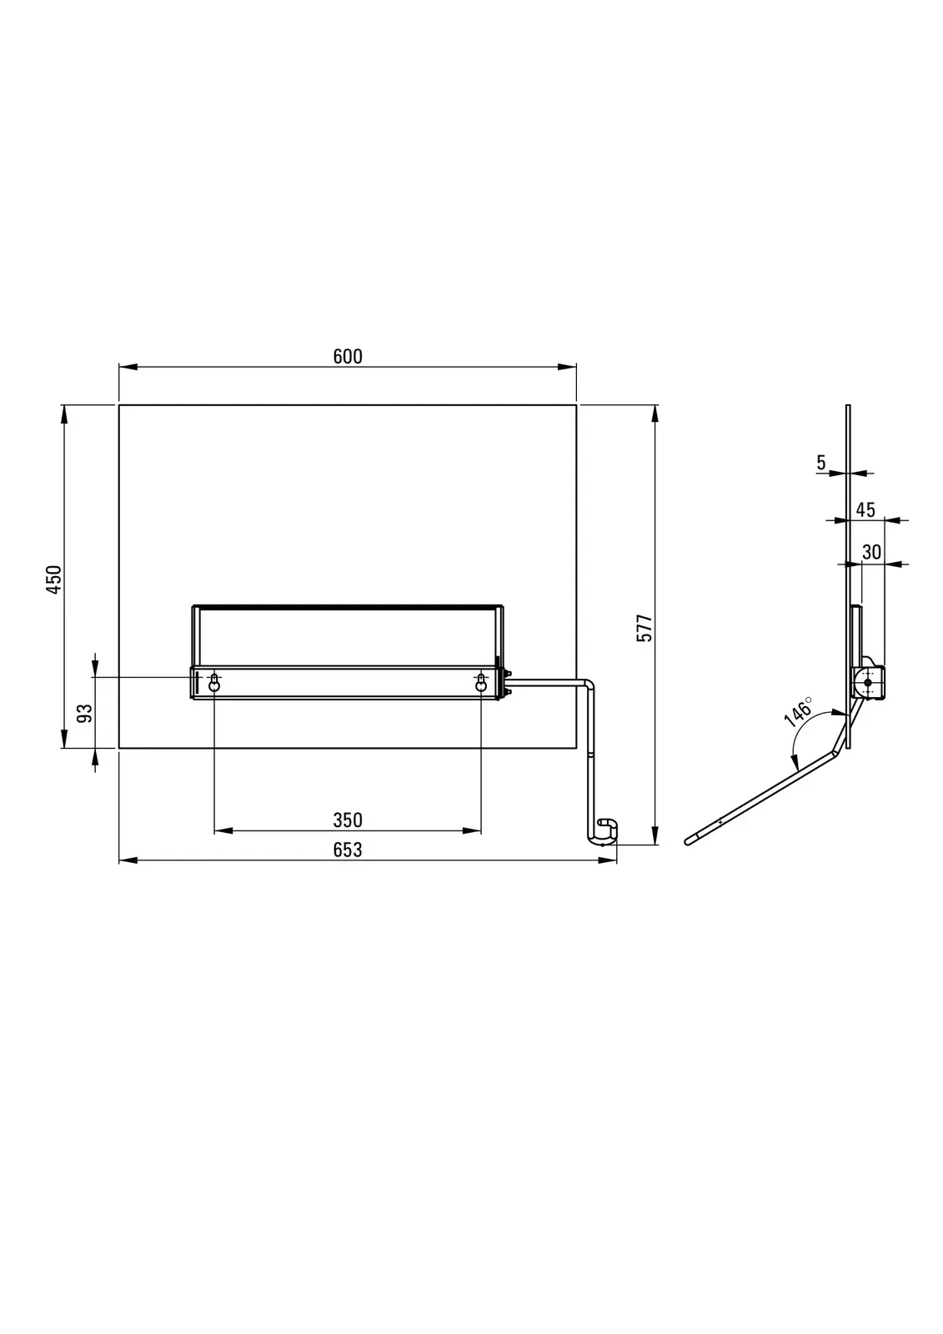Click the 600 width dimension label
tap(348, 356)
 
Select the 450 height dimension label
tap(53, 579)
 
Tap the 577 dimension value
tap(645, 628)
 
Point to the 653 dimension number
tap(348, 850)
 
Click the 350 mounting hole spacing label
tap(348, 820)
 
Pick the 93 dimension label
tap(86, 713)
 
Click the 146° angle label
tap(798, 712)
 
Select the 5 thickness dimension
tap(821, 462)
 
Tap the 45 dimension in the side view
tap(865, 509)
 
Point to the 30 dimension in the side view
tap(871, 552)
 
